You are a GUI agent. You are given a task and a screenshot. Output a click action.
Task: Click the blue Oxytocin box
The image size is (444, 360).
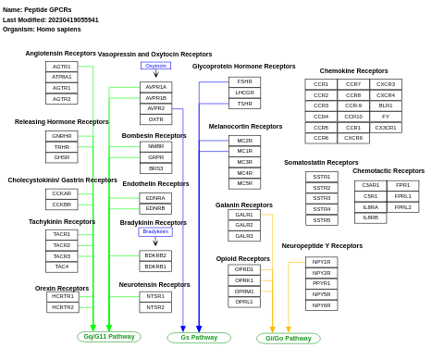pos(155,66)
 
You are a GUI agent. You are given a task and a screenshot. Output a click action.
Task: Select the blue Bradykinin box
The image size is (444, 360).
pos(155,231)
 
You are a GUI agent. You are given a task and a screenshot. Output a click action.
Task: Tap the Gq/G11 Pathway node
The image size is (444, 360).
pos(109,337)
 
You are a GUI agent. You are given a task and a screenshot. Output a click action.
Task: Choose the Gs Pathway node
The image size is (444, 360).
pos(199,338)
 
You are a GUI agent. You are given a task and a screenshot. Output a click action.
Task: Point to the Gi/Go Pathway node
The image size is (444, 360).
pos(289,339)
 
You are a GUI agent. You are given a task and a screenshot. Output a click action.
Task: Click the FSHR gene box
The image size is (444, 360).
pos(244,81)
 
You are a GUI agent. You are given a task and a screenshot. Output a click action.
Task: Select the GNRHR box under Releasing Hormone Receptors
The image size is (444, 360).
pos(61,136)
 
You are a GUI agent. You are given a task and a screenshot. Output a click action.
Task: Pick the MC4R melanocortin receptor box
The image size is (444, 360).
pos(244,173)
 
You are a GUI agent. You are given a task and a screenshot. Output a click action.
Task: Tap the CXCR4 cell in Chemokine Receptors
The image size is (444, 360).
pos(386,94)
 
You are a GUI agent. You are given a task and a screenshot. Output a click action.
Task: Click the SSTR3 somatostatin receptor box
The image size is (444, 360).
pos(321,198)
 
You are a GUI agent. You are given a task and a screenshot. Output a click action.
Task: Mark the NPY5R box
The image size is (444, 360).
pos(321,294)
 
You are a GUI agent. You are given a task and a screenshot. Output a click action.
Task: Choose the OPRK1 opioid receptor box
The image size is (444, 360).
pos(244,280)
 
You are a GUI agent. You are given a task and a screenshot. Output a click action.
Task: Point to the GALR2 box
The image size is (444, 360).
pos(244,225)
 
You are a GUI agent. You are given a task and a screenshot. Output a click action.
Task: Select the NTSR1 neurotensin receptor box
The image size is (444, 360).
pos(155,296)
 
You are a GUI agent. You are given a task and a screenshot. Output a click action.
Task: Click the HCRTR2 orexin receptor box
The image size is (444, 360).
pos(63,307)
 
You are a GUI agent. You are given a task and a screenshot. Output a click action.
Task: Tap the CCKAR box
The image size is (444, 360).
pos(61,193)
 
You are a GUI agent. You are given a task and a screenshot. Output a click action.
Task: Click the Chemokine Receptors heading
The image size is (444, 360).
pos(353,71)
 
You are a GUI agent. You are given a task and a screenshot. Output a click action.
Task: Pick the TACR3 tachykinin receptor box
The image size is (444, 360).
pos(61,256)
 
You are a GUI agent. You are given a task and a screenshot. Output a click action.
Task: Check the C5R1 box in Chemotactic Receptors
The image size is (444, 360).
pos(370,196)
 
